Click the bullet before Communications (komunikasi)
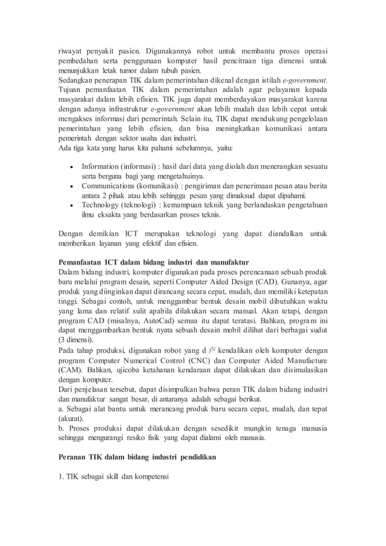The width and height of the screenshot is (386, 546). (72, 186)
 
